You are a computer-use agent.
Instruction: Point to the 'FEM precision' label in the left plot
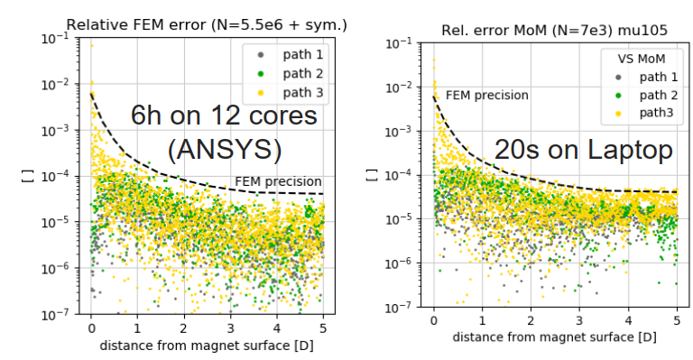[x=278, y=181]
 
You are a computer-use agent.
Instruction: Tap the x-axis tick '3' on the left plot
[x=229, y=329]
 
